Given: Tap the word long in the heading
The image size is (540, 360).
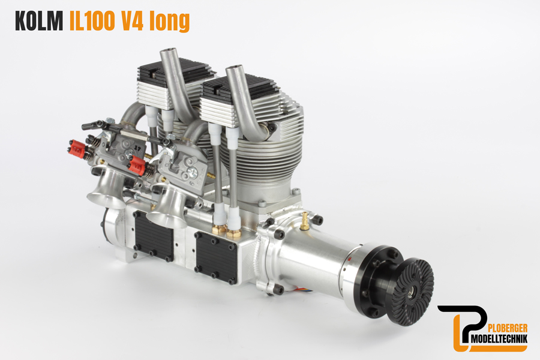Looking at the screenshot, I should (x=170, y=22).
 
